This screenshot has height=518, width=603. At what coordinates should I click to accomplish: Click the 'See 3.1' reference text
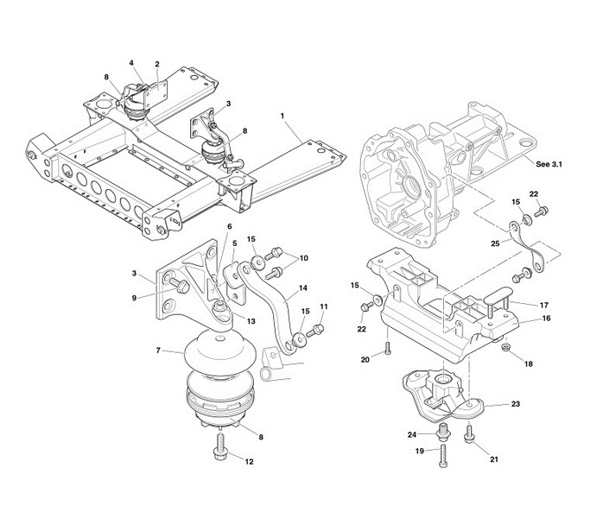pyautogui.click(x=549, y=164)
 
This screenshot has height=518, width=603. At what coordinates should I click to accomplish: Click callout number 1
pyautogui.click(x=282, y=116)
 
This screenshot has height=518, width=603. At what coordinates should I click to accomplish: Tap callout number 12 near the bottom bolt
pyautogui.click(x=249, y=462)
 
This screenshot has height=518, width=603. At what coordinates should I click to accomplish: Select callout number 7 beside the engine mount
pyautogui.click(x=158, y=351)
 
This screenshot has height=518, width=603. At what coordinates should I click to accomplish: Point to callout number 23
pyautogui.click(x=516, y=403)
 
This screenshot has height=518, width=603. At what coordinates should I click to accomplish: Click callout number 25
pyautogui.click(x=495, y=243)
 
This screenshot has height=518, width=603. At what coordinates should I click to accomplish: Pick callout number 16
pyautogui.click(x=546, y=319)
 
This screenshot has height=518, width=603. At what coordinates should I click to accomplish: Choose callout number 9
pyautogui.click(x=134, y=298)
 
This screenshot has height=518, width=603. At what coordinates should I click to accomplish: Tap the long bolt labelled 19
pyautogui.click(x=443, y=456)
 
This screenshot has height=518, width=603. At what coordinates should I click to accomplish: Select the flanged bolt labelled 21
pyautogui.click(x=469, y=433)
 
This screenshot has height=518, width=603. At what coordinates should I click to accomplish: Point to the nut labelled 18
pyautogui.click(x=506, y=347)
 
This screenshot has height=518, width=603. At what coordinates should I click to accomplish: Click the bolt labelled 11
pyautogui.click(x=315, y=330)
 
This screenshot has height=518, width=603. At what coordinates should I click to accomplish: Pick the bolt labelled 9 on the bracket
pyautogui.click(x=179, y=285)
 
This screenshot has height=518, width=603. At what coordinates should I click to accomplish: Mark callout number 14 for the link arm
pyautogui.click(x=303, y=287)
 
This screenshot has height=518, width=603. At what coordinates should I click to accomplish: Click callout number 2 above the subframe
pyautogui.click(x=157, y=64)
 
